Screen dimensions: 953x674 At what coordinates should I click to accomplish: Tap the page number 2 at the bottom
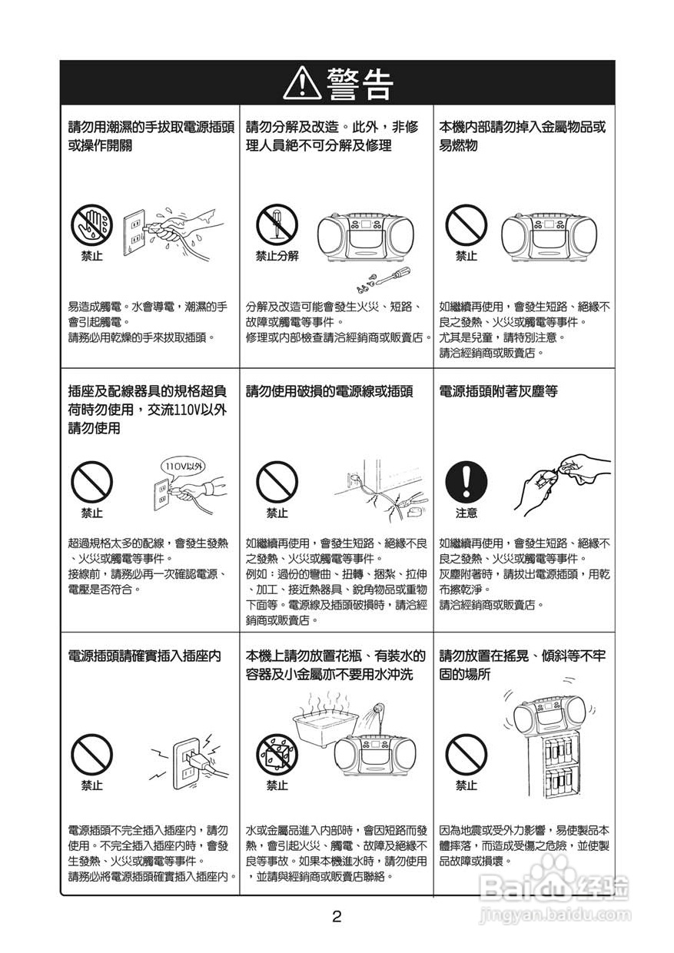click(x=337, y=916)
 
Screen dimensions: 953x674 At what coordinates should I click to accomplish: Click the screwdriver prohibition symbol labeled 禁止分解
click(x=277, y=224)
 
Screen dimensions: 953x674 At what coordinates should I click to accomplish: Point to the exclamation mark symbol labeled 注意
click(x=466, y=482)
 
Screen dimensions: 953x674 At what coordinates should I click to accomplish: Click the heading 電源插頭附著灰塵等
click(x=498, y=392)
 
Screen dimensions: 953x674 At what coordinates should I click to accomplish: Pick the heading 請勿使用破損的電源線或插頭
click(x=329, y=392)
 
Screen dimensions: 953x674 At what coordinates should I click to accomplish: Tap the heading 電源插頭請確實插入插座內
click(x=144, y=656)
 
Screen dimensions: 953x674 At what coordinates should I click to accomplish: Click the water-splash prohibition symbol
click(x=277, y=753)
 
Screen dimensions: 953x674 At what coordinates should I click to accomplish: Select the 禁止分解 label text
click(x=277, y=256)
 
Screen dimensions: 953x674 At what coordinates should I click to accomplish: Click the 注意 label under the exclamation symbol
click(x=466, y=513)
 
